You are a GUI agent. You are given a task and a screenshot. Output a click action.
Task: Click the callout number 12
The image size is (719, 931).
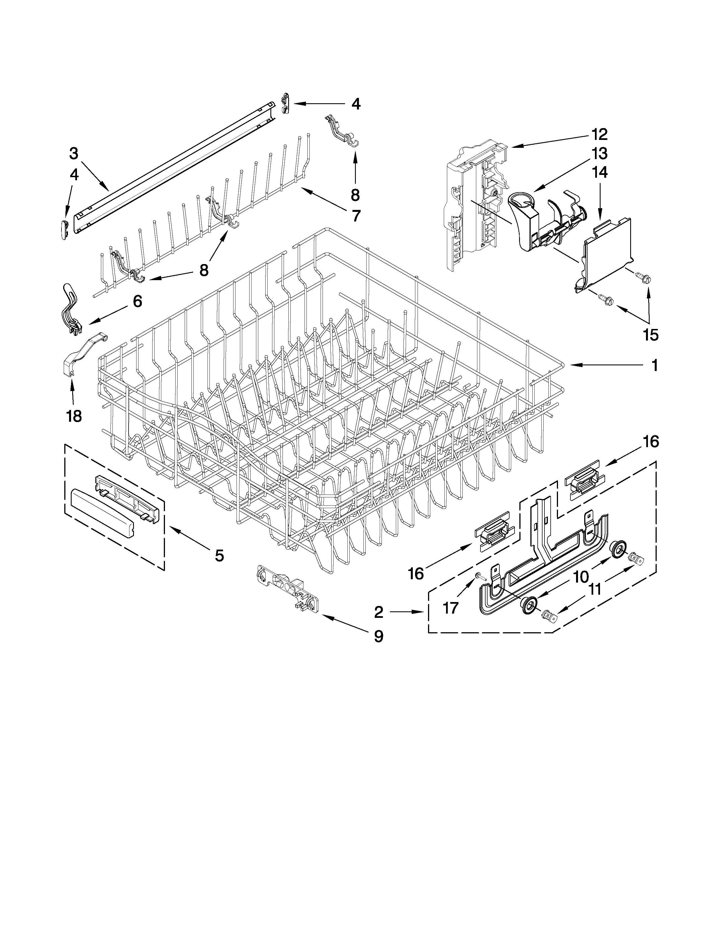[599, 134]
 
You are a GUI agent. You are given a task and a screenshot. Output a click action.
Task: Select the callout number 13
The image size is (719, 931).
[599, 153]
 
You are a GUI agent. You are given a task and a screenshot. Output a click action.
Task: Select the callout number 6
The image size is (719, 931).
[137, 301]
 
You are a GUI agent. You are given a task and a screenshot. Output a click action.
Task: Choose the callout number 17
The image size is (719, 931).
[451, 607]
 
